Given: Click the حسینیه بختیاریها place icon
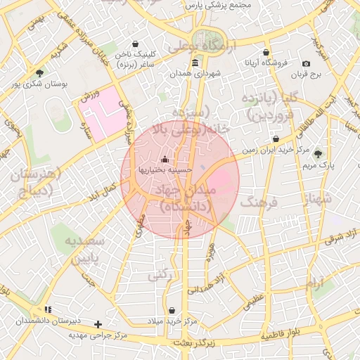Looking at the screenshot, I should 165,158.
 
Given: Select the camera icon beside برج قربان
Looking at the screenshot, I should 306,63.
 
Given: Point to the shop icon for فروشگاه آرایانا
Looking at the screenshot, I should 266,53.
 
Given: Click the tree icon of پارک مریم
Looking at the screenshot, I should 319,154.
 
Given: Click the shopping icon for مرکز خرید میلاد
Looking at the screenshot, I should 172,310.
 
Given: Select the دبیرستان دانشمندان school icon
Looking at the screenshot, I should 48,309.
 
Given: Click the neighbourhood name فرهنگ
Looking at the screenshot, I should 259,202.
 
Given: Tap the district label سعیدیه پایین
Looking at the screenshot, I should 84,249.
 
